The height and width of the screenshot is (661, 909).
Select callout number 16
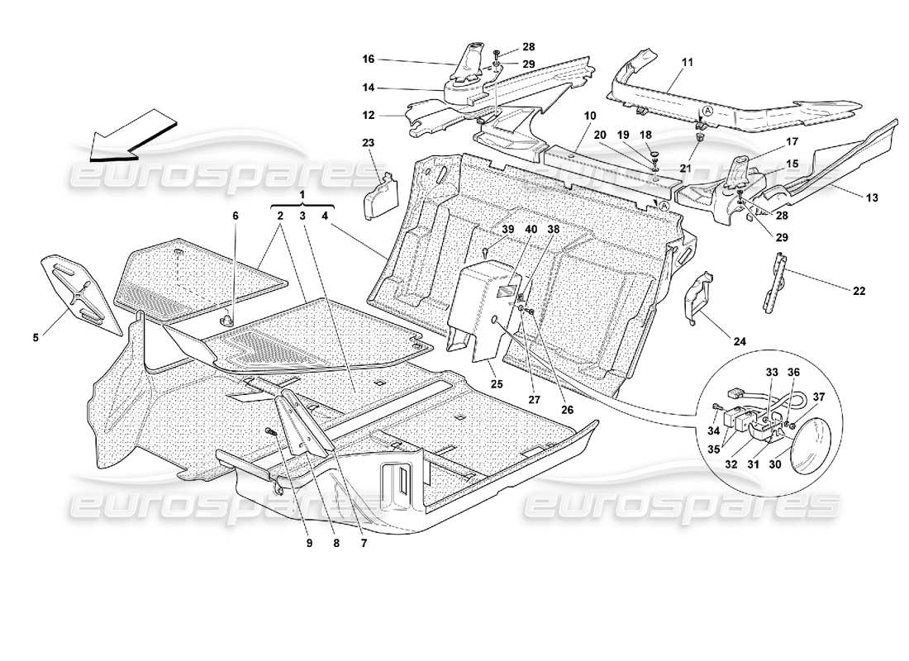[x=369, y=59]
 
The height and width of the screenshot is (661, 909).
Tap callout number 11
[x=688, y=61]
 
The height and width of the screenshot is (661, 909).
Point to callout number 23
[x=369, y=142]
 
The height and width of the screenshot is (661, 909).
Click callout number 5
[x=36, y=337]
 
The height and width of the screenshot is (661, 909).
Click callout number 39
[x=484, y=230]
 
